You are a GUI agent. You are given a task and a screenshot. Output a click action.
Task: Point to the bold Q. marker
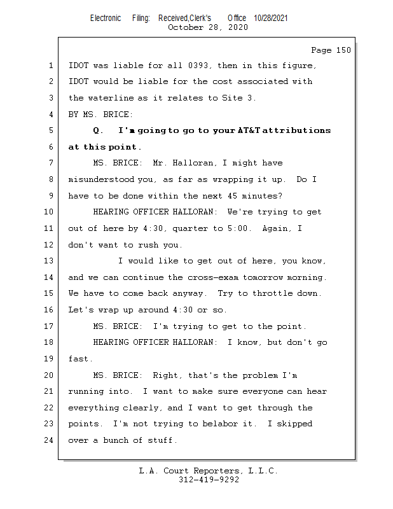[x=98, y=130]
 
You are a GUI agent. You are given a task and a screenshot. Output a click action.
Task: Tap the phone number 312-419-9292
[x=209, y=480]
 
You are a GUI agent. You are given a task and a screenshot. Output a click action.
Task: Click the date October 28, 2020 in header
[x=208, y=27]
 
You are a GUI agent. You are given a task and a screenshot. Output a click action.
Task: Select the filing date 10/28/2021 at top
[x=270, y=18]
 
